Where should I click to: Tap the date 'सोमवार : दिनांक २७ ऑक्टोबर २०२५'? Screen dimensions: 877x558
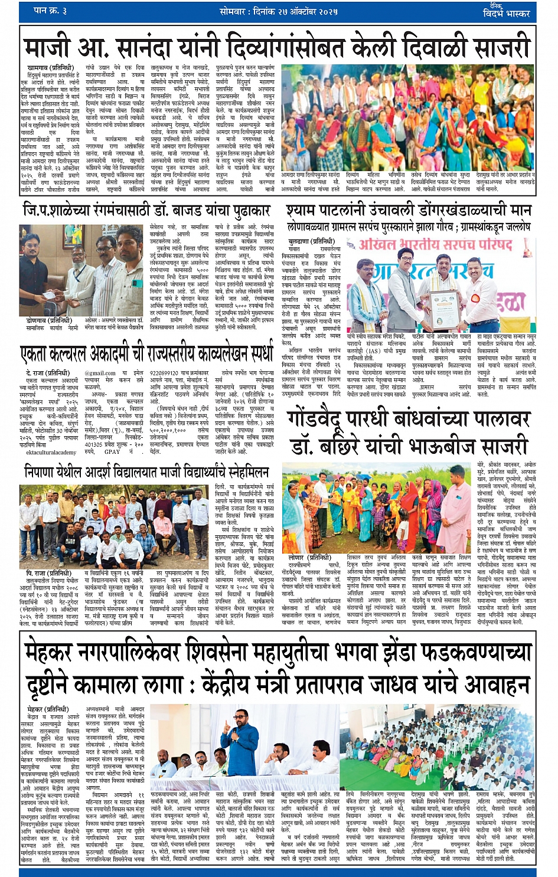tap(279, 11)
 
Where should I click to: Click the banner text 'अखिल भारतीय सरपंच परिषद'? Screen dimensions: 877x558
tap(437, 245)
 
